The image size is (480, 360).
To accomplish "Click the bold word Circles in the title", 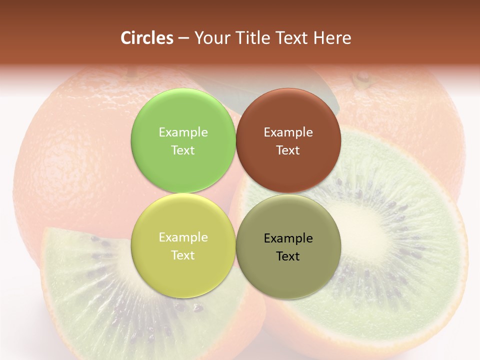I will tap(147, 38).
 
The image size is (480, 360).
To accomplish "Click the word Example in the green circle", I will tap(183, 132).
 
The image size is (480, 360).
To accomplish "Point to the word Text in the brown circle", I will tap(288, 150).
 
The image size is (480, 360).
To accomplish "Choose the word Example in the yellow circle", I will tap(183, 237).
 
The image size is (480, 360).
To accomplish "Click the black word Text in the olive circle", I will tap(288, 256).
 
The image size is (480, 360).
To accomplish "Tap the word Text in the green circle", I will tap(183, 150).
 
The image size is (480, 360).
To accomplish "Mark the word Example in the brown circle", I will tap(288, 132).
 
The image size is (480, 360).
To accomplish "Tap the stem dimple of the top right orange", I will tap(361, 78).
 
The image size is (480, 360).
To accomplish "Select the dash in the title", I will tap(183, 38).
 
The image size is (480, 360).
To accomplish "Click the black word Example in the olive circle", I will tap(288, 238).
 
